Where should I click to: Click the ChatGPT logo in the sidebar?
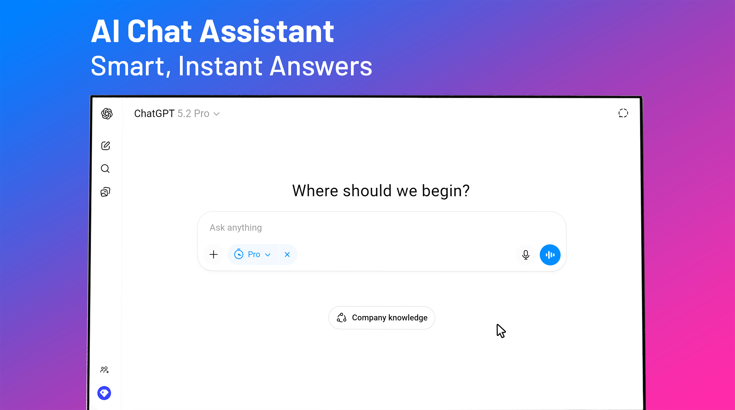pos(107,114)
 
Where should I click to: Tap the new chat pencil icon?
pos(106,146)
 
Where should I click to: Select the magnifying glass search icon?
pos(105,169)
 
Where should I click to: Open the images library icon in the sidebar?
pos(105,192)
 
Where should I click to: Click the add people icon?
pos(104,370)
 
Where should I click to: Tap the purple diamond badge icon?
pos(104,393)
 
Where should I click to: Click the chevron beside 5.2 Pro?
pos(217,114)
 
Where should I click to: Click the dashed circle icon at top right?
pos(623,113)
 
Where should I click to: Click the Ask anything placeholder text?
pos(236,228)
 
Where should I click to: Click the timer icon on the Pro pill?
pos(239,254)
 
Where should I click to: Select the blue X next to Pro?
pos(287,254)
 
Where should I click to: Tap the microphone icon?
pos(526,255)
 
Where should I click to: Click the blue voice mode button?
pos(550,255)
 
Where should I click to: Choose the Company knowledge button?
pos(381,318)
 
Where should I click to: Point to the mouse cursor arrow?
pos(501,331)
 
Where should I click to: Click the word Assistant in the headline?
pos(267,31)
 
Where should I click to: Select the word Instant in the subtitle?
pos(220,66)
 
